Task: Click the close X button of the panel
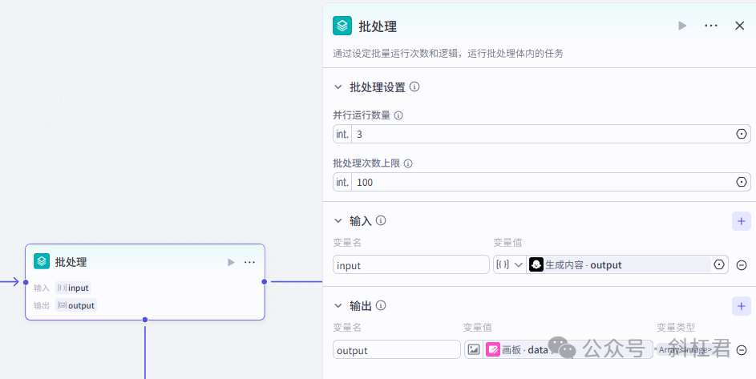pos(739,26)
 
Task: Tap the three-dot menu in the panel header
pos(710,26)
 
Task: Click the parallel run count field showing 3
pos(542,134)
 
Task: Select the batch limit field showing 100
pos(542,182)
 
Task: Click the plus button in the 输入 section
pos(741,221)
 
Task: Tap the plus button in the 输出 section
pos(741,305)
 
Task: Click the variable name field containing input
pos(410,265)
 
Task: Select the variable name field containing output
pos(396,350)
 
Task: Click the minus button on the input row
pos(742,265)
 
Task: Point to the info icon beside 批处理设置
pos(414,87)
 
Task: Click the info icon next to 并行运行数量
pos(398,115)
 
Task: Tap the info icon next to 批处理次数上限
pos(408,163)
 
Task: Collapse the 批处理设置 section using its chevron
pos(338,87)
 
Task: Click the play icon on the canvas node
pos(231,262)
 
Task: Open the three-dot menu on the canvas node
pos(249,262)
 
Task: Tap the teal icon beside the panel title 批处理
pos(342,26)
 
